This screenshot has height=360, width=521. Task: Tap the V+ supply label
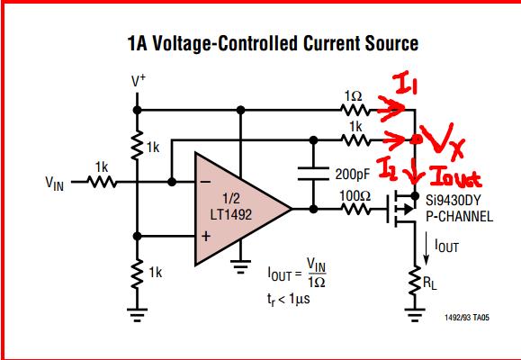[139, 81]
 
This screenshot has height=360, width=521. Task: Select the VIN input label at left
[55, 184]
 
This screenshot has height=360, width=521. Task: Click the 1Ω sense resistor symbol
[355, 110]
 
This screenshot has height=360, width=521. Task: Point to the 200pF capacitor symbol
[313, 174]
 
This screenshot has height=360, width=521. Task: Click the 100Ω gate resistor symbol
[355, 209]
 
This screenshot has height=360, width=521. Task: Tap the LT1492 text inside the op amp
[231, 214]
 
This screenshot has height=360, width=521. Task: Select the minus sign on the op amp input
[206, 182]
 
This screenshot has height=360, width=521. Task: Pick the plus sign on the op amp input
[206, 236]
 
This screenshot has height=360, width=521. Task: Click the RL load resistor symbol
[415, 281]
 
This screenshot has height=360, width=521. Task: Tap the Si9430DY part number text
[454, 201]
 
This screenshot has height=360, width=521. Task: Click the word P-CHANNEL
[459, 217]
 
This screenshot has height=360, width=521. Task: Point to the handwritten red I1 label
[405, 84]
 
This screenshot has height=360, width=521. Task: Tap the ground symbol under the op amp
[240, 265]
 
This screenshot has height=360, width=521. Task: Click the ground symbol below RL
[415, 315]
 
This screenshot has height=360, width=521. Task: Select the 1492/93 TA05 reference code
[467, 318]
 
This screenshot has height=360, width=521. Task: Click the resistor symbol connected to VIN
[102, 182]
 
